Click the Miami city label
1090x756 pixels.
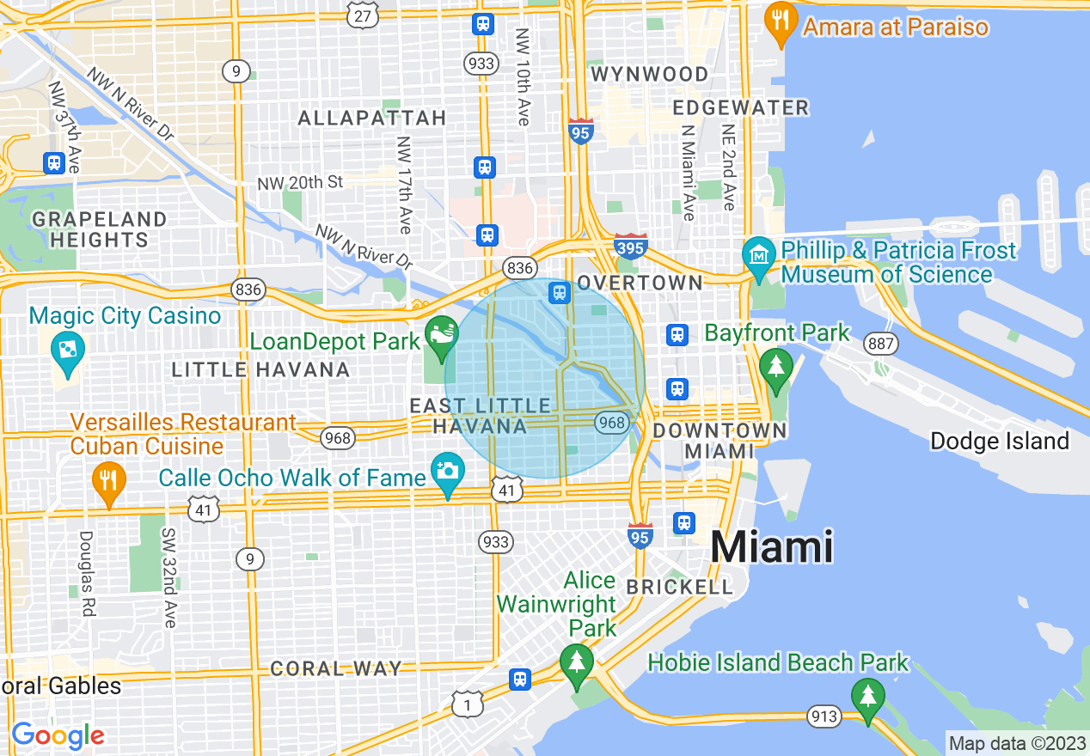772,546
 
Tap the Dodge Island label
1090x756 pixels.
1000,442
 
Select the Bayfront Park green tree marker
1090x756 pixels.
776,366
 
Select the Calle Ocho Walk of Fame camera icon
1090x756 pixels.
447,472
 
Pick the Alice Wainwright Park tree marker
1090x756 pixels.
577,663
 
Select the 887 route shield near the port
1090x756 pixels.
882,344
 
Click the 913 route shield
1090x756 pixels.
824,715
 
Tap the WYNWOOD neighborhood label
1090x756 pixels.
650,74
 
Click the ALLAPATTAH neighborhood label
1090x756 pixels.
372,118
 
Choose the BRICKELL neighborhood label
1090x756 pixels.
679,587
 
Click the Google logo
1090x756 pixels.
58,735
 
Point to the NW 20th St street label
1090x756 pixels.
300,182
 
